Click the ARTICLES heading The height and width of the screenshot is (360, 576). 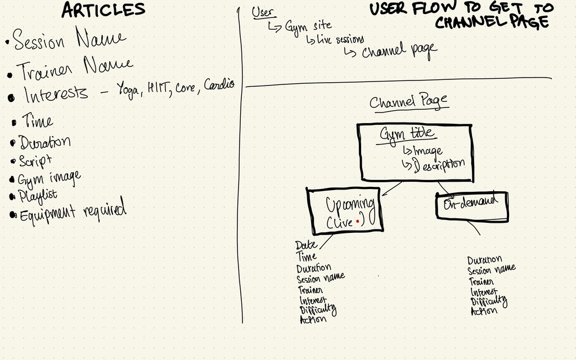pyautogui.click(x=103, y=10)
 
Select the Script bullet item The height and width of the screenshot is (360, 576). pyautogui.click(x=35, y=160)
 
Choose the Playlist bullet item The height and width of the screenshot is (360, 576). pyautogui.click(x=37, y=196)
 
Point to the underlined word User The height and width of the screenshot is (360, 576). pyautogui.click(x=263, y=12)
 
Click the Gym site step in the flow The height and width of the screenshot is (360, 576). pyautogui.click(x=308, y=25)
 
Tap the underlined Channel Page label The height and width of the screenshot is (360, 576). pyautogui.click(x=408, y=102)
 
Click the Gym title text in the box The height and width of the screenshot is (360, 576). pyautogui.click(x=407, y=134)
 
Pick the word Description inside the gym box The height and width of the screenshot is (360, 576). pyautogui.click(x=439, y=164)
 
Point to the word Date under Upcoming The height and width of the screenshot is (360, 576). pyautogui.click(x=305, y=245)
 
